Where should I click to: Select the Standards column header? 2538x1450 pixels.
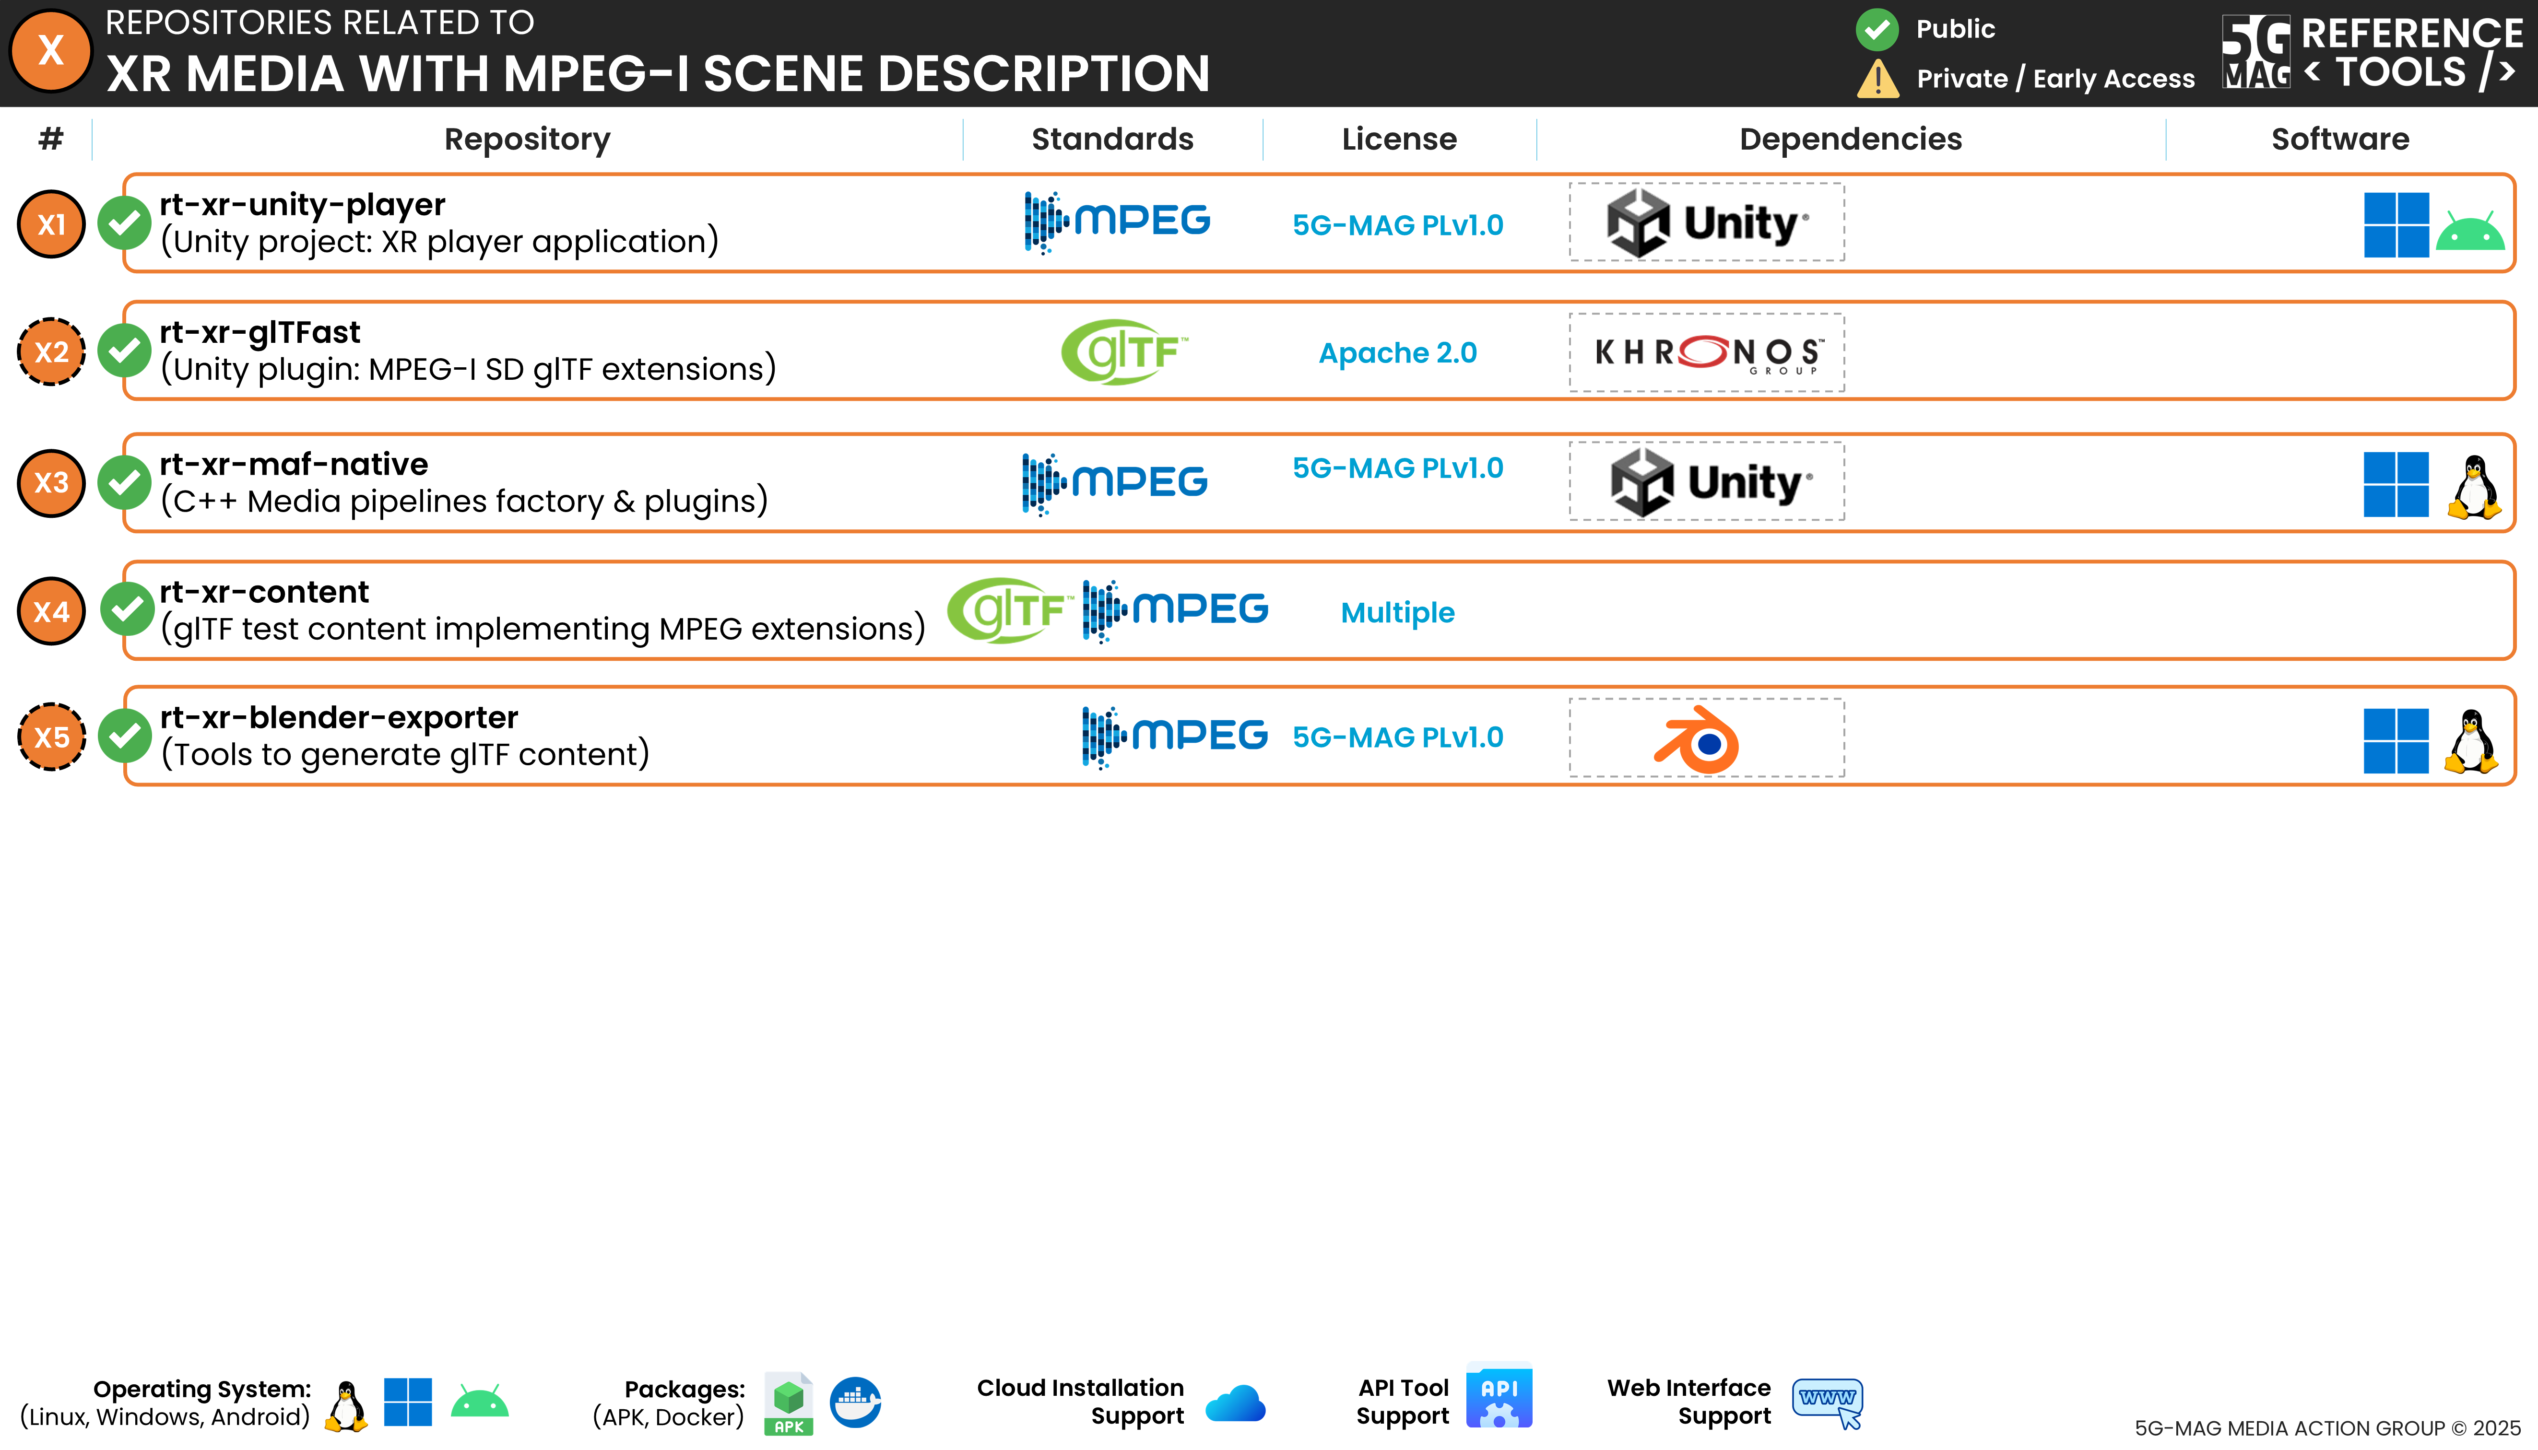click(x=1111, y=140)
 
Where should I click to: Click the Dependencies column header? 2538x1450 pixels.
click(x=1850, y=140)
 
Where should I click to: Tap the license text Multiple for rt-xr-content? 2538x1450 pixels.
click(x=1397, y=612)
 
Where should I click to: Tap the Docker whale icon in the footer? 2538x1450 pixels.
click(x=855, y=1402)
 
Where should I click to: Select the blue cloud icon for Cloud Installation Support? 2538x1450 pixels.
click(x=1235, y=1404)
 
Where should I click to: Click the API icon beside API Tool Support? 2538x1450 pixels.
click(x=1499, y=1396)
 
